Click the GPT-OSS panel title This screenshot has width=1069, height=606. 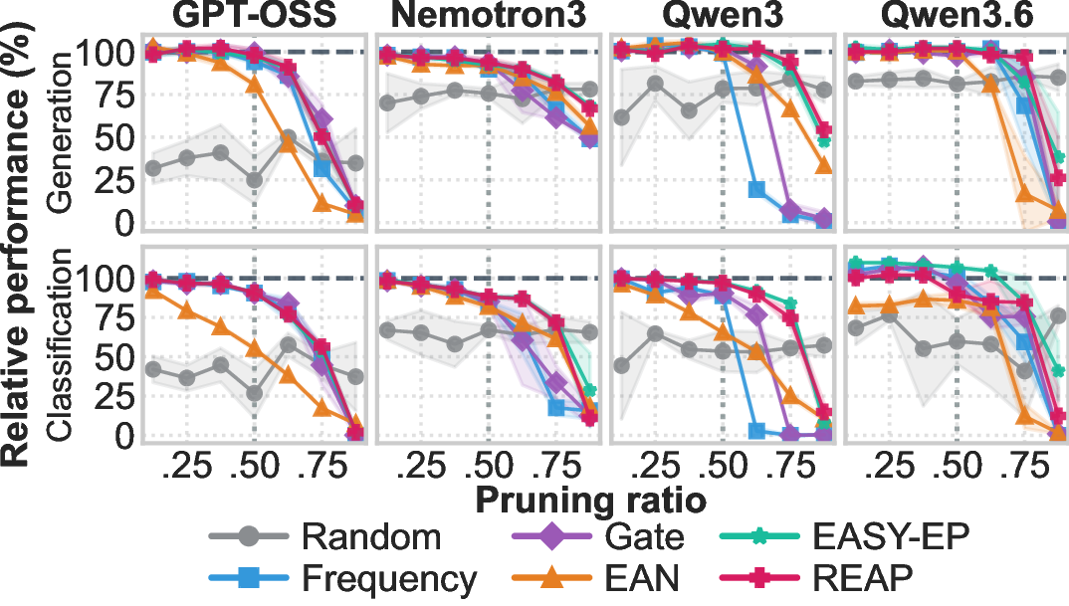point(254,16)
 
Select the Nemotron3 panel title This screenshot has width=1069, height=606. point(488,16)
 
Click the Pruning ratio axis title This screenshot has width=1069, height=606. point(590,502)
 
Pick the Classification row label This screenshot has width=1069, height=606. point(60,343)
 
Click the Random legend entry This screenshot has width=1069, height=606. point(325,537)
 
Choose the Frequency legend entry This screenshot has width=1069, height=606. point(342,579)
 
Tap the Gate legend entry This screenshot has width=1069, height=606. point(597,537)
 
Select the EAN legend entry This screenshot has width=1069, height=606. point(595,579)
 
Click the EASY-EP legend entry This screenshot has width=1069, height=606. point(845,537)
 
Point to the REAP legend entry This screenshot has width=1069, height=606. point(817,579)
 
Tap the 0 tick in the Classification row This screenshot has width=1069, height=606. point(124,434)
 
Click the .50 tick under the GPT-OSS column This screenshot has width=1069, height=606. point(253,467)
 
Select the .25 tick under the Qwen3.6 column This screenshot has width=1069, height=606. point(891,467)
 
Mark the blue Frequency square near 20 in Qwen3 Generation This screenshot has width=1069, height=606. point(756,189)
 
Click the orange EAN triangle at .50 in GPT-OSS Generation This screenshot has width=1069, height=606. point(254,84)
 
